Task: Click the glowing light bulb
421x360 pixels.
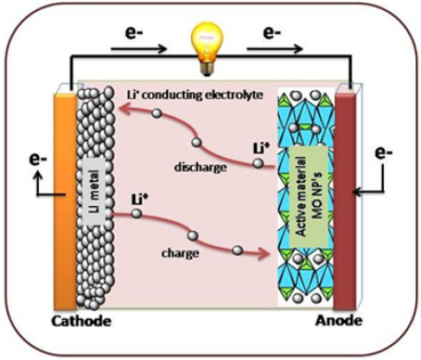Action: tap(207, 49)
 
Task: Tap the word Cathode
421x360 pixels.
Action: tap(82, 321)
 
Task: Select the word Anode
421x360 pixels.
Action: tap(338, 320)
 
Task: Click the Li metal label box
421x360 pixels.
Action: tap(95, 191)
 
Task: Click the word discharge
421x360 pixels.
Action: tap(200, 167)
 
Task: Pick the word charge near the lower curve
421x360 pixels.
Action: tap(180, 253)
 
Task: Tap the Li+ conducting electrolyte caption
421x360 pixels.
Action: tap(196, 95)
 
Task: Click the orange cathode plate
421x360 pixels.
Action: tap(65, 201)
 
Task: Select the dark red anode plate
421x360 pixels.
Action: tap(345, 201)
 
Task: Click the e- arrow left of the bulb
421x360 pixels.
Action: tap(139, 48)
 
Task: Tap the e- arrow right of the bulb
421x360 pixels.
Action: tap(274, 48)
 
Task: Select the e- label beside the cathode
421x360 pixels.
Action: tap(38, 160)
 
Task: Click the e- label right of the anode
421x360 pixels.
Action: tap(384, 152)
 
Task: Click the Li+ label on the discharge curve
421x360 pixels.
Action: tap(262, 148)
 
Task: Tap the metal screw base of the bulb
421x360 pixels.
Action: tap(207, 69)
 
